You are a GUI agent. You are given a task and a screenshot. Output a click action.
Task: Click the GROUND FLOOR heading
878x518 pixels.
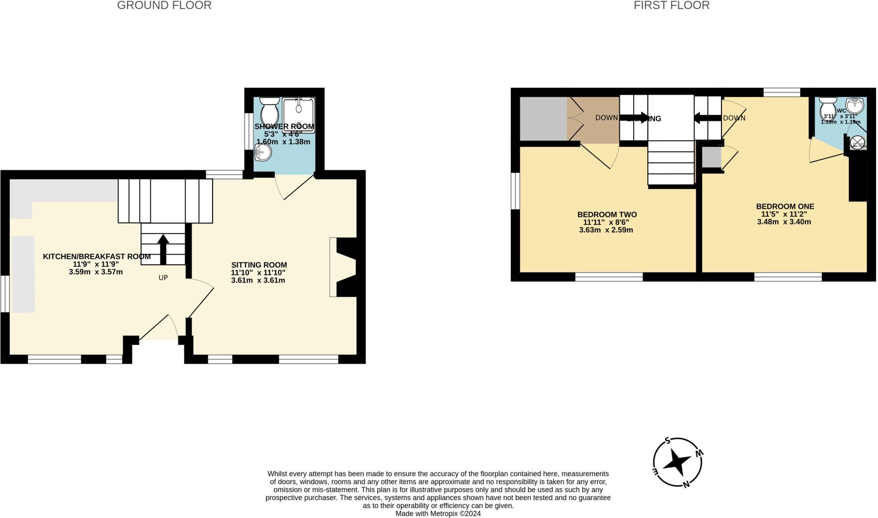coord(164,6)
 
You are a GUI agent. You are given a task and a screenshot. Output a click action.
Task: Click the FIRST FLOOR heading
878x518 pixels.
coord(671,6)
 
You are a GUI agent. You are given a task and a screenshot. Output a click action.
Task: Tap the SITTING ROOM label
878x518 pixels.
coord(259,265)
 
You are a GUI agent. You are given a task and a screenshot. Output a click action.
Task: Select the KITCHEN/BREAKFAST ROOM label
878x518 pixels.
coord(96,257)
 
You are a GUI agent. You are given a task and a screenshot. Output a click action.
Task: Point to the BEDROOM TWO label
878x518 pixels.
coord(607,215)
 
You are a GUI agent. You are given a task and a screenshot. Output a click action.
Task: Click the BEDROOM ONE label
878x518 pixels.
coord(785,207)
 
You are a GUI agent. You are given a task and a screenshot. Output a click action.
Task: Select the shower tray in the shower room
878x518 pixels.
coord(298,115)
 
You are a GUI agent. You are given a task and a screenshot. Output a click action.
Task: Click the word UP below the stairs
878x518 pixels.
coord(163,278)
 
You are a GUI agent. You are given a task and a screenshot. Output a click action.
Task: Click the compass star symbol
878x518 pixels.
coord(677,462)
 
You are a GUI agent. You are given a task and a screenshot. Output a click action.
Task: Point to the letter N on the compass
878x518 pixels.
coord(686,485)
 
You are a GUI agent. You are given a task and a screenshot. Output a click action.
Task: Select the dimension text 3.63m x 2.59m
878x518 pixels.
coord(606,230)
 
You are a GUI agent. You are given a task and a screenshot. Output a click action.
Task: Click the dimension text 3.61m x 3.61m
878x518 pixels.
coord(258,281)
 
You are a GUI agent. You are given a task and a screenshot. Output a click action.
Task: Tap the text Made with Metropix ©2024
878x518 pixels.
coord(438,513)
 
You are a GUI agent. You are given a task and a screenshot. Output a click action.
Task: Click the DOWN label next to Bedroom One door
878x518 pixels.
coord(734,118)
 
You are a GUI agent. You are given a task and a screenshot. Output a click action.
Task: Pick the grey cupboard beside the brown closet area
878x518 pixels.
coord(543,119)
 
